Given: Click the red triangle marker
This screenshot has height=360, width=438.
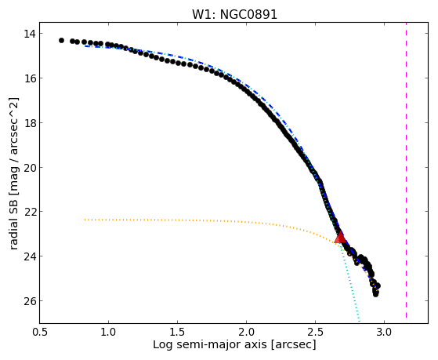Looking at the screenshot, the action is (340, 238).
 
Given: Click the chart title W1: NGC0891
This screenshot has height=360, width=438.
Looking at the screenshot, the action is (234, 15).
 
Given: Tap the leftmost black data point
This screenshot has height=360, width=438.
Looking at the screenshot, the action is (61, 41).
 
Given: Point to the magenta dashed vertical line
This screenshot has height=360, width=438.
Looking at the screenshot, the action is (406, 170).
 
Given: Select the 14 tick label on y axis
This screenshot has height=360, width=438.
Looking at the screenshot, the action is (30, 34).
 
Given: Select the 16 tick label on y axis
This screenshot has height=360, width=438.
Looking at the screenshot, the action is (30, 78).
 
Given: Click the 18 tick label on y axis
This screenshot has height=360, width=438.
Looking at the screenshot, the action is (30, 123).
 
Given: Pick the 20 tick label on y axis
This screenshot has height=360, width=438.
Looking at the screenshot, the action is (30, 168).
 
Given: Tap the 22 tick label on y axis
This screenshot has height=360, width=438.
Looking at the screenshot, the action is (30, 212).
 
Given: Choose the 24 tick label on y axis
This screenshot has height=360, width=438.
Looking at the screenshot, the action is (30, 256).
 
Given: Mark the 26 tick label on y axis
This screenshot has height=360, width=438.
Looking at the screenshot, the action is (30, 301).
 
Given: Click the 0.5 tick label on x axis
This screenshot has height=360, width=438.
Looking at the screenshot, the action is (39, 333).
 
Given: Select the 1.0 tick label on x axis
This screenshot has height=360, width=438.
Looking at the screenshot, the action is (108, 333).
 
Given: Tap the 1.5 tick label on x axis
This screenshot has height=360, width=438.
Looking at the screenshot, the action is (177, 333).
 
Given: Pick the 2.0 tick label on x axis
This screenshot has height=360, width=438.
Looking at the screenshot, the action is (246, 333).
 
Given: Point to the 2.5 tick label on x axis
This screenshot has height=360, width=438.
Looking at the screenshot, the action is (315, 333).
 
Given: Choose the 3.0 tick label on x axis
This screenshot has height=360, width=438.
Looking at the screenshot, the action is (384, 333).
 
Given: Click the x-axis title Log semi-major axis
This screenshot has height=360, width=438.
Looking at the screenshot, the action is (210, 344).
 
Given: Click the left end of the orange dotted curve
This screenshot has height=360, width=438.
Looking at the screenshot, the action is (85, 220).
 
